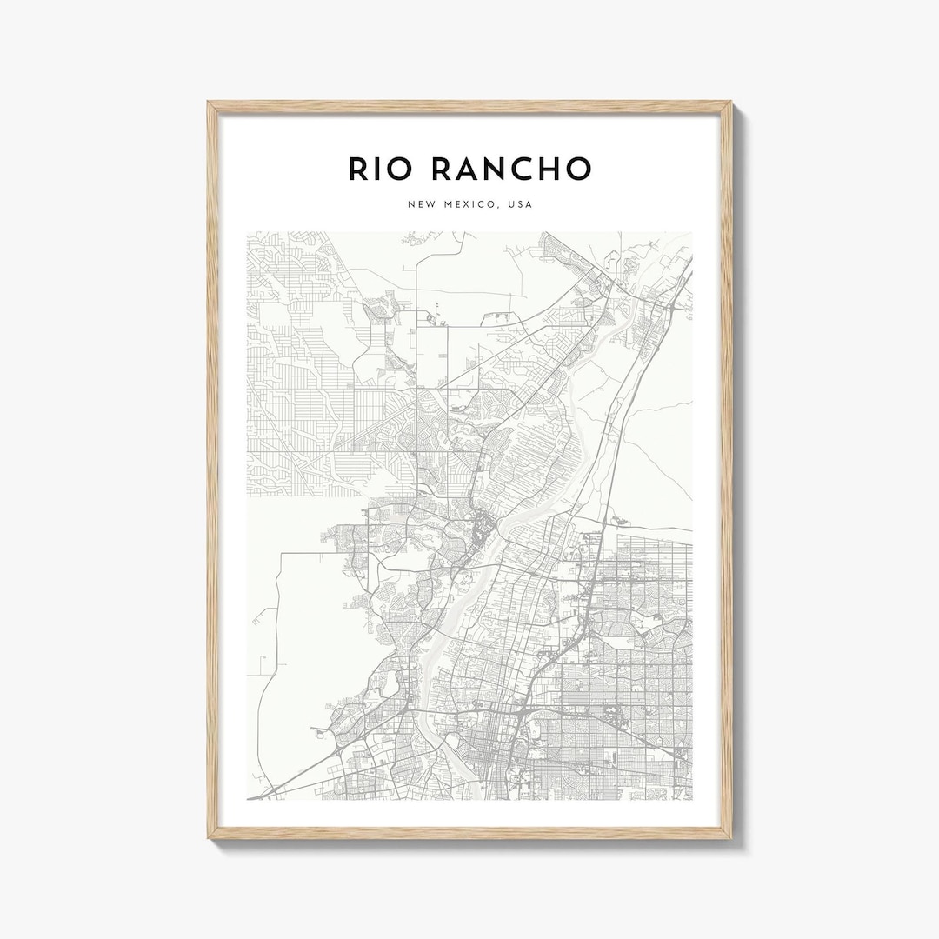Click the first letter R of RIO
(x=358, y=169)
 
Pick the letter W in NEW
(x=430, y=204)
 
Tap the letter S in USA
(x=522, y=204)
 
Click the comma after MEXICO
(x=502, y=208)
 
